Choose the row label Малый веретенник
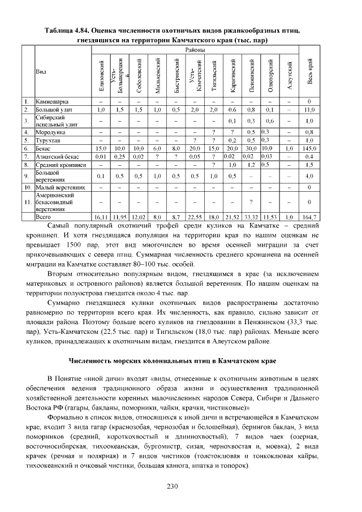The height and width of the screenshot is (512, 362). click(60, 187)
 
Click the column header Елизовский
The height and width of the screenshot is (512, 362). click(101, 75)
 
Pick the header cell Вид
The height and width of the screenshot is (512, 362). click(41, 72)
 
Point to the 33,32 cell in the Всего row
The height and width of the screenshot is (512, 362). click(251, 217)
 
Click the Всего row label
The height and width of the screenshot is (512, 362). click(43, 217)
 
